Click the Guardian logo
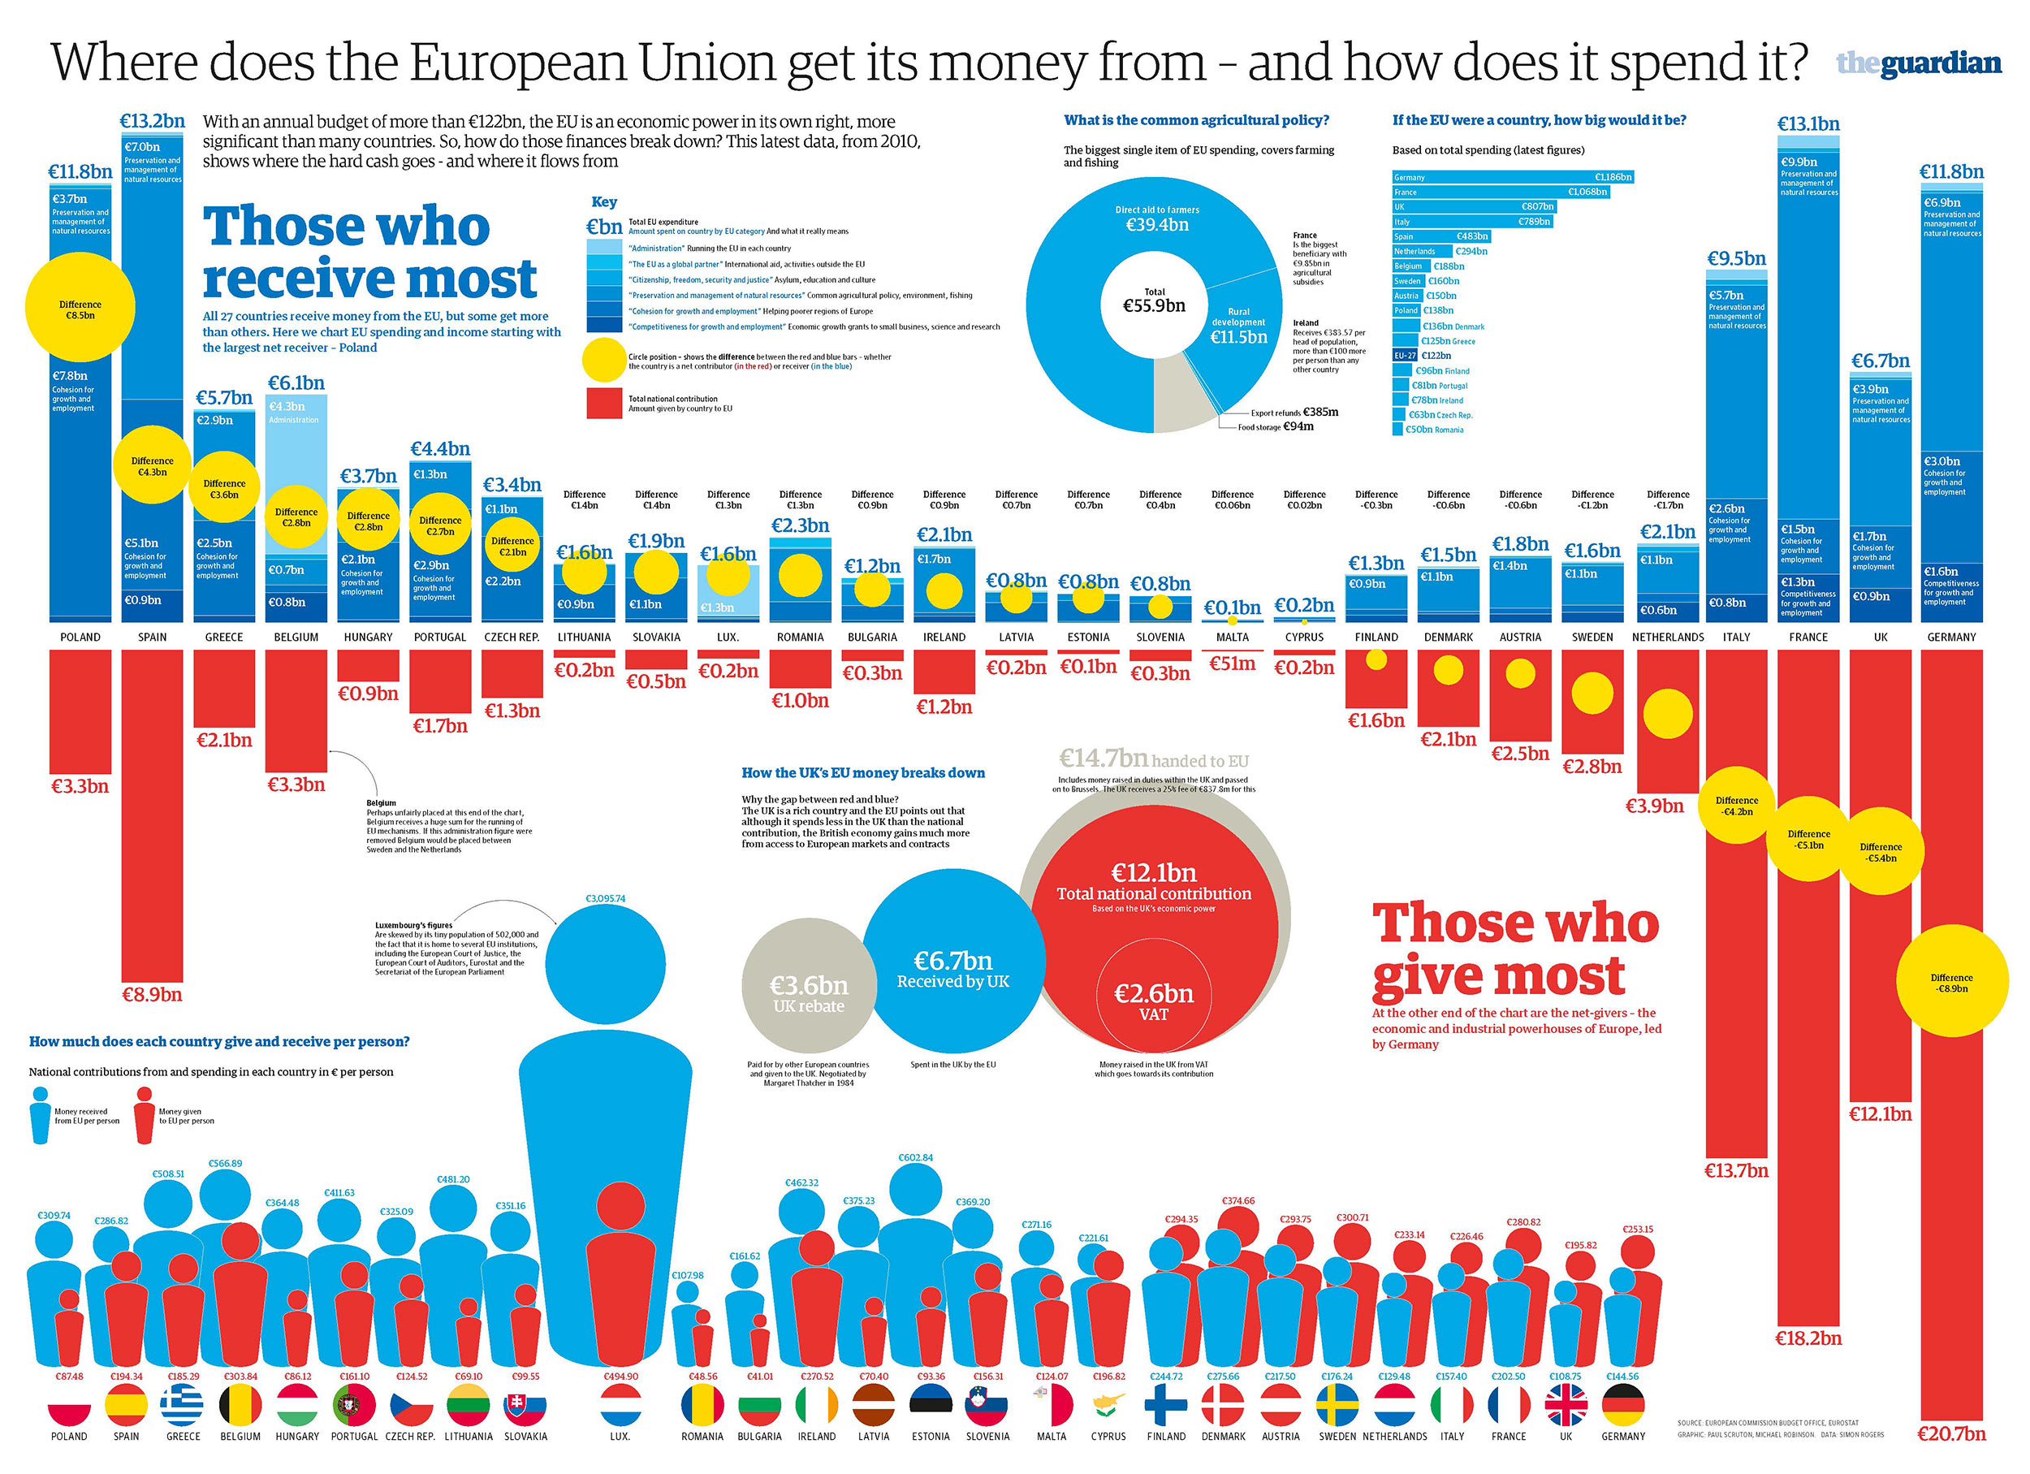pos(1918,63)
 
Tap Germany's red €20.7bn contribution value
pos(1951,1433)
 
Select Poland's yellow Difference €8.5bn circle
pos(80,307)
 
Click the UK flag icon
pos(1566,1405)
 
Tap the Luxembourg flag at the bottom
pos(620,1405)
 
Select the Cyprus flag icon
pos(1108,1403)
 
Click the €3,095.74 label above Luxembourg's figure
pos(605,897)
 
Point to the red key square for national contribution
pos(604,404)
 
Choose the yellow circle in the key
pos(604,360)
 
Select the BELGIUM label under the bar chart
pos(296,638)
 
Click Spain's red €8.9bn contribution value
pos(152,994)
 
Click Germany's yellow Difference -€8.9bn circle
pos(1951,982)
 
